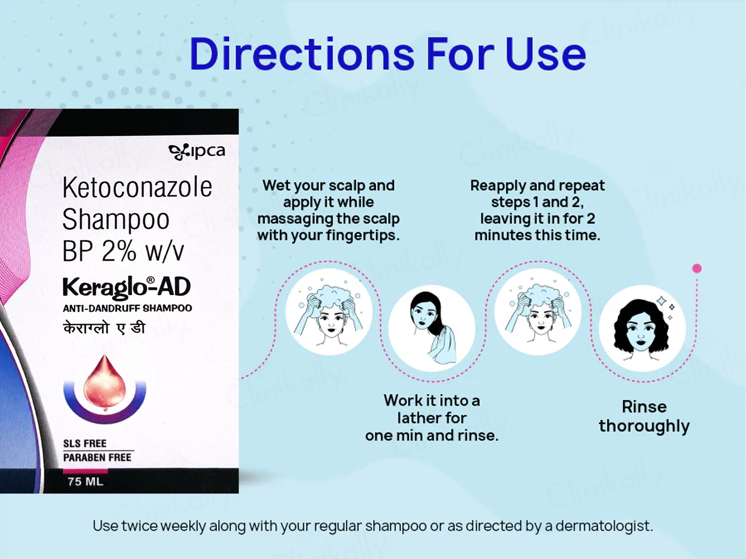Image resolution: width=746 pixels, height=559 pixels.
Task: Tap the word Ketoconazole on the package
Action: click(x=137, y=187)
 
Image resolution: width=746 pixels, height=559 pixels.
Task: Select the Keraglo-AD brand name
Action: click(x=127, y=287)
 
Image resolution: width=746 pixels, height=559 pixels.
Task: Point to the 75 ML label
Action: click(x=85, y=482)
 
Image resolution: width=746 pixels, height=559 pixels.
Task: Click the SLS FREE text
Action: click(x=85, y=443)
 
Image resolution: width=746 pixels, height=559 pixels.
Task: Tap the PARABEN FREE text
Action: click(x=97, y=458)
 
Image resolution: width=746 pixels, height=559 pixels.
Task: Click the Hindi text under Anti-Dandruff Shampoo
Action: click(x=104, y=328)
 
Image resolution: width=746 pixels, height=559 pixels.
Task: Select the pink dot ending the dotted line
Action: click(x=697, y=269)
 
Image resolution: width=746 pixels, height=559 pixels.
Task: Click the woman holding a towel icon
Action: click(x=432, y=328)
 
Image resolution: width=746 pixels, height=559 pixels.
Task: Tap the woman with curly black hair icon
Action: click(x=642, y=328)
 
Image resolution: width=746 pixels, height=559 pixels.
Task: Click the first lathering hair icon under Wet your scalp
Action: click(x=329, y=312)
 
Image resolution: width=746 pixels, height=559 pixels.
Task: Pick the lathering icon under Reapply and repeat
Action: click(x=538, y=312)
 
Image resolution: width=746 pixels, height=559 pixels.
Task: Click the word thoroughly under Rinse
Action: click(x=644, y=426)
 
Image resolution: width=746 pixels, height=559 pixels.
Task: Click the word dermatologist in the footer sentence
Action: click(x=604, y=526)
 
